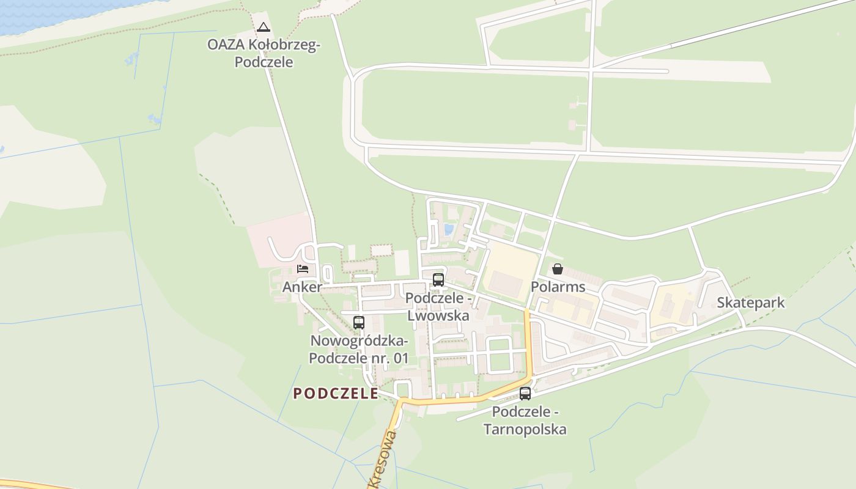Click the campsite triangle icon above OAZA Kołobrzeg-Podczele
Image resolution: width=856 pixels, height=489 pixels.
[x=264, y=27]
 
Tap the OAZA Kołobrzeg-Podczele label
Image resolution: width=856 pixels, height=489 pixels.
[x=264, y=53]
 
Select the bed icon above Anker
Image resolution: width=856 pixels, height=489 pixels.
[x=303, y=268]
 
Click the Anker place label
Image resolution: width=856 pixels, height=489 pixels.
[x=302, y=287]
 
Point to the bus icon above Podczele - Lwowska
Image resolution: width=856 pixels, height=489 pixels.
[x=438, y=280]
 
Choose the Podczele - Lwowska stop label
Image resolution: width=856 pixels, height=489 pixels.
[x=438, y=307]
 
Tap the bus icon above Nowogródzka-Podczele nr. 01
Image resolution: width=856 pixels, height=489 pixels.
[x=359, y=322]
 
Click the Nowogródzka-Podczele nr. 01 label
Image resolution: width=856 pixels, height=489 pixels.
[x=359, y=349]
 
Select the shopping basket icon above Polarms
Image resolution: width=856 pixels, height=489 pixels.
[x=558, y=269]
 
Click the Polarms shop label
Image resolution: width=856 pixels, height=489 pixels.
[x=558, y=287]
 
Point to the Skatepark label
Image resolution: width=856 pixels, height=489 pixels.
[x=750, y=303]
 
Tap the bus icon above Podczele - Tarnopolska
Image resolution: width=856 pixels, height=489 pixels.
[x=525, y=394]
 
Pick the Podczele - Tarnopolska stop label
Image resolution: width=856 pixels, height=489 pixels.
[x=525, y=421]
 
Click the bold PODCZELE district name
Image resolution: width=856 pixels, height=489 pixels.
[x=336, y=394]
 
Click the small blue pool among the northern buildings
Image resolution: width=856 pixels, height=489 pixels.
[x=449, y=230]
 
